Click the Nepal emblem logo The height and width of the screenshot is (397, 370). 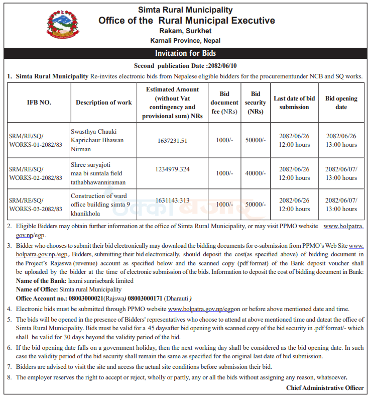pyautogui.click(x=63, y=26)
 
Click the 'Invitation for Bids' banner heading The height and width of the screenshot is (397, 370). pyautogui.click(x=186, y=53)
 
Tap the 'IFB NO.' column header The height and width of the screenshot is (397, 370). pyautogui.click(x=39, y=103)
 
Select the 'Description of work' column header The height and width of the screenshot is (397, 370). pyautogui.click(x=104, y=103)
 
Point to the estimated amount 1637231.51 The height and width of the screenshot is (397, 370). pyautogui.click(x=172, y=141)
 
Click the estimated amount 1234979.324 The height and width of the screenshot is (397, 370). pyautogui.click(x=172, y=169)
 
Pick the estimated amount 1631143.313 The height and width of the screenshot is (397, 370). pyautogui.click(x=172, y=200)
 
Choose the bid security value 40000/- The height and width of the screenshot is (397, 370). pyautogui.click(x=256, y=173)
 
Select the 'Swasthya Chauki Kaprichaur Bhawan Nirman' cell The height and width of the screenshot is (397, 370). pyautogui.click(x=97, y=140)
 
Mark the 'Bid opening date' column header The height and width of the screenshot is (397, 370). pyautogui.click(x=341, y=103)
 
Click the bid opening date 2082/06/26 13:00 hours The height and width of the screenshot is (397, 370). pyautogui.click(x=341, y=141)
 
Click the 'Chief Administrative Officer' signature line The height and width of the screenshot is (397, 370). pyautogui.click(x=325, y=387)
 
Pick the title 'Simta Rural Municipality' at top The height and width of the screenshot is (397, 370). pyautogui.click(x=186, y=10)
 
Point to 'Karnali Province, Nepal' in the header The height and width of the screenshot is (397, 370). pyautogui.click(x=185, y=41)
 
